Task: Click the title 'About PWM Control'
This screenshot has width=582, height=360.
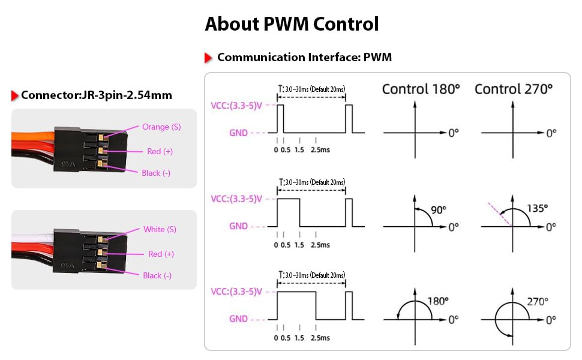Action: pyautogui.click(x=292, y=24)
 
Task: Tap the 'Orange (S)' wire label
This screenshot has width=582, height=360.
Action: pyautogui.click(x=161, y=127)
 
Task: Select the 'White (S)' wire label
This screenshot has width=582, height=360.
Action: pyautogui.click(x=160, y=229)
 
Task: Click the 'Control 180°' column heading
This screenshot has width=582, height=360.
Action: pyautogui.click(x=421, y=89)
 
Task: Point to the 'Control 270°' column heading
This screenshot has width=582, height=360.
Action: pyautogui.click(x=514, y=89)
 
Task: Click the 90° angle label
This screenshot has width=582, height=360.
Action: pyautogui.click(x=439, y=209)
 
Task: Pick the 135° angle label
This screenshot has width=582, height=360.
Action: pyautogui.click(x=537, y=208)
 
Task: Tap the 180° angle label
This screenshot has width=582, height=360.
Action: pyautogui.click(x=438, y=301)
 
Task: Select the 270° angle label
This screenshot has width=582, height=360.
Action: pyautogui.click(x=538, y=301)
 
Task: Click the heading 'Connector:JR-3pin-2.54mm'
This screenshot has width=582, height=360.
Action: pyautogui.click(x=97, y=95)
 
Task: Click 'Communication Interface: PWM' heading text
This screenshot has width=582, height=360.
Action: pyautogui.click(x=304, y=57)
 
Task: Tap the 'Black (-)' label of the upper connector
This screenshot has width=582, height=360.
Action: pyautogui.click(x=156, y=173)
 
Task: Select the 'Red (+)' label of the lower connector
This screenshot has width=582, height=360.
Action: pyautogui.click(x=161, y=254)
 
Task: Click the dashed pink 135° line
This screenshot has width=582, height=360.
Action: pyautogui.click(x=500, y=214)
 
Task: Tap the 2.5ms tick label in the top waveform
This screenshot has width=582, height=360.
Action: pyautogui.click(x=320, y=149)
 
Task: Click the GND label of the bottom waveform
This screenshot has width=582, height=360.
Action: pyautogui.click(x=238, y=319)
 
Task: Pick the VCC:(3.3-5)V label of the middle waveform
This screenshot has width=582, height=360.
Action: pyautogui.click(x=236, y=199)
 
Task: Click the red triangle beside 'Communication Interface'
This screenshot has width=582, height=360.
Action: pyautogui.click(x=208, y=58)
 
